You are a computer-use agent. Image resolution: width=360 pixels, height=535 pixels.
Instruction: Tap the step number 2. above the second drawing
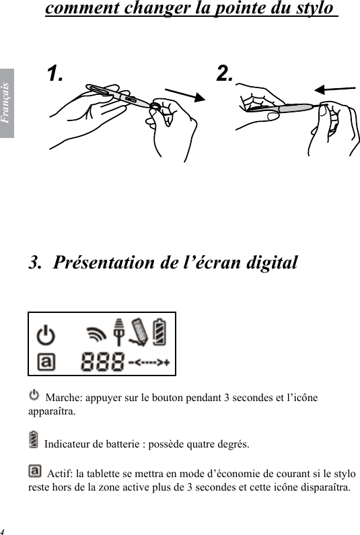point(225,73)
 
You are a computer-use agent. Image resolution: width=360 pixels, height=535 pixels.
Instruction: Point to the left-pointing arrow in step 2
point(334,90)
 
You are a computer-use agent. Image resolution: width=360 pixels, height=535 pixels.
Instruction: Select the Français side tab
point(7,102)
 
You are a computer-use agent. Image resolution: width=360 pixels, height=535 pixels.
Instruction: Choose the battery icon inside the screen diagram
point(161,332)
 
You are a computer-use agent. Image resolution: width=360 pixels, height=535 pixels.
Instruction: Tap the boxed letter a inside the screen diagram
point(46,363)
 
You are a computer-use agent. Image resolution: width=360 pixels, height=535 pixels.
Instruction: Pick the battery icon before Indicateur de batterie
point(34,440)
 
